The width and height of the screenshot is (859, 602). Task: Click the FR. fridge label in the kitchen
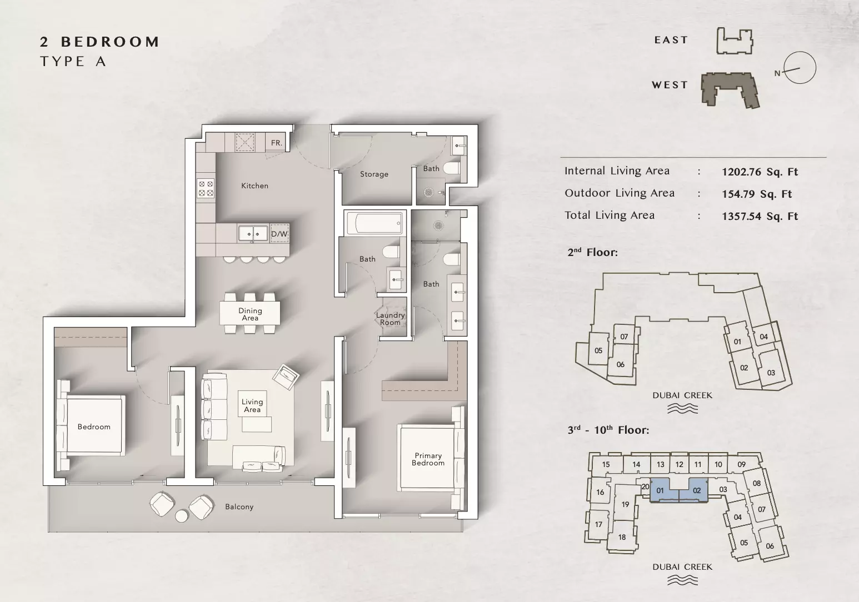pos(276,143)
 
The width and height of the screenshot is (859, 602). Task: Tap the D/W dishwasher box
pos(279,233)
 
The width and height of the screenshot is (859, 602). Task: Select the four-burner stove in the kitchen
pos(206,188)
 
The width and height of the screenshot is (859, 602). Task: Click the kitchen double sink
pos(253,233)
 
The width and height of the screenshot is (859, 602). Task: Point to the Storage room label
pos(374,174)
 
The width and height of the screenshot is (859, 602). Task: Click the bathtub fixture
pos(374,223)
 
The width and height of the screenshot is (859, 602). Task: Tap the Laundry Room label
pos(391,319)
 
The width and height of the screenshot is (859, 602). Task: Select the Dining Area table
pos(250,313)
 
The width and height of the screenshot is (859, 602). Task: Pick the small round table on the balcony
pos(182,516)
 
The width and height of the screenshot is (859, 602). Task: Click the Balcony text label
pos(239,507)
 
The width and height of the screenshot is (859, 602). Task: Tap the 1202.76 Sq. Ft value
pos(760,172)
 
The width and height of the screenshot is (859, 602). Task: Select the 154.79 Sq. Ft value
pos(757,194)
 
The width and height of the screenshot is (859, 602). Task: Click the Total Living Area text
pos(610,215)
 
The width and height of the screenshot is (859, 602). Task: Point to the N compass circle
pos(800,68)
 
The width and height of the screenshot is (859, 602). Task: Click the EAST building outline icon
pos(735,41)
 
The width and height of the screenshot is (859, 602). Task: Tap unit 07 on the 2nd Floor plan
pos(624,337)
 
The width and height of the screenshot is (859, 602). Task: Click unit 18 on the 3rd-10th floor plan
pos(622,537)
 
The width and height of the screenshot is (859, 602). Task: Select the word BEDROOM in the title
pos(110,42)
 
